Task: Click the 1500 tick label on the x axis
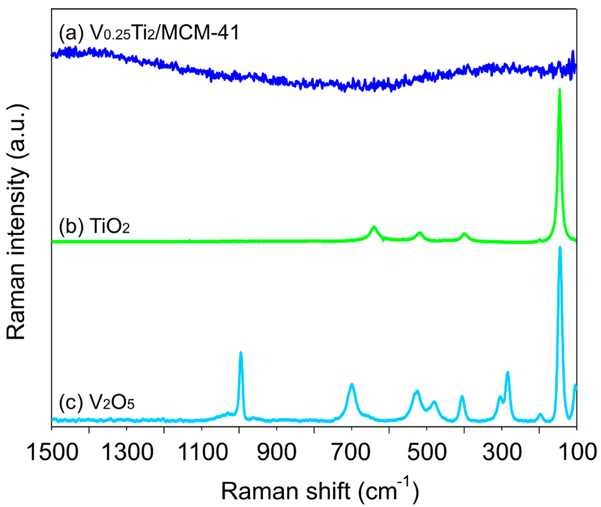[x=52, y=455]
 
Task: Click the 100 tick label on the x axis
[x=575, y=455]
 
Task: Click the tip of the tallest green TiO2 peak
[x=559, y=90]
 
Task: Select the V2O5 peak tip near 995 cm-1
[x=241, y=352]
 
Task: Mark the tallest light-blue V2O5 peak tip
[x=560, y=248]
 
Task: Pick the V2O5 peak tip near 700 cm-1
[x=352, y=385]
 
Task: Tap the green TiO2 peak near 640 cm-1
[x=374, y=227]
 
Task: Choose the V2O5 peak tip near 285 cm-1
[x=507, y=372]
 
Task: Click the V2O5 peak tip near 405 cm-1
[x=462, y=397]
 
